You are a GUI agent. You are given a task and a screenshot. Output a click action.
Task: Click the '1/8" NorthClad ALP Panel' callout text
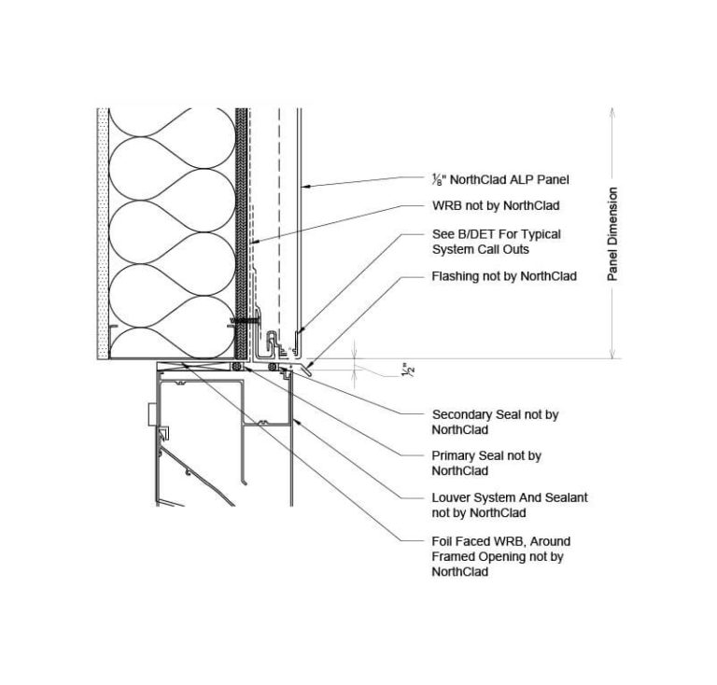tap(500, 179)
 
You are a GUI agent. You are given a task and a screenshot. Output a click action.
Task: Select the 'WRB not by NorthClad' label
tap(496, 205)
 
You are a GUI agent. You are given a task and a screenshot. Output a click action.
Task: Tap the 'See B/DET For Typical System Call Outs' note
tap(496, 242)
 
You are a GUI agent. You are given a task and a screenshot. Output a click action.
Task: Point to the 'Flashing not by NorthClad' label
tap(504, 276)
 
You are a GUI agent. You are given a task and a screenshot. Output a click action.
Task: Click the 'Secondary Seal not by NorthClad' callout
tap(495, 422)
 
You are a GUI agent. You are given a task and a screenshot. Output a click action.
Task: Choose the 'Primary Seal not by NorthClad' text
tap(486, 464)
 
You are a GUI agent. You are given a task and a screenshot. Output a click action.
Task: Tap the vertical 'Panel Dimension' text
tap(612, 233)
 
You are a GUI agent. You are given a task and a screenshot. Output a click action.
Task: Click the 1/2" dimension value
tap(408, 370)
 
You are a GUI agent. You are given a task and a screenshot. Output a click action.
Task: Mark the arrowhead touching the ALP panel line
tap(305, 186)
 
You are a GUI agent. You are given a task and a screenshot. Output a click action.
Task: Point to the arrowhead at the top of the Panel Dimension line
tap(612, 112)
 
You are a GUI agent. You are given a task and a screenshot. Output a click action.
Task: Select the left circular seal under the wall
tap(236, 367)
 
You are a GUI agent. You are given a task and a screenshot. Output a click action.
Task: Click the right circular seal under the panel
tap(273, 367)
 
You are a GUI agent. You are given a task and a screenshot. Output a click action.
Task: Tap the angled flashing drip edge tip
tap(311, 375)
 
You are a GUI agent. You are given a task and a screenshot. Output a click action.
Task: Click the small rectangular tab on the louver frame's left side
tap(153, 414)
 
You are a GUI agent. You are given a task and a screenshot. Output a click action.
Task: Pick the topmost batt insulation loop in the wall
tap(173, 122)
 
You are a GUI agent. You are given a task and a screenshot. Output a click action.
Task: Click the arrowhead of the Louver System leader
tap(295, 421)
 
